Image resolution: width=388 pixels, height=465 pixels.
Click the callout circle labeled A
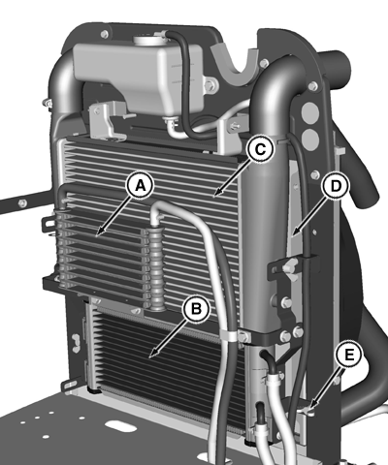pyautogui.click(x=140, y=186)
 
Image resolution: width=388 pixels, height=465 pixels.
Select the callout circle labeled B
pyautogui.click(x=196, y=309)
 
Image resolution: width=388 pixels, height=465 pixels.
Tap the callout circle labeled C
pyautogui.click(x=261, y=149)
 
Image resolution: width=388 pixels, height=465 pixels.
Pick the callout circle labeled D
pyautogui.click(x=337, y=186)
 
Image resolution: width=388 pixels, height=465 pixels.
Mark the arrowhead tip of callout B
pyautogui.click(x=149, y=358)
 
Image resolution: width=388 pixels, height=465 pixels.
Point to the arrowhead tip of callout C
pyautogui.click(x=214, y=196)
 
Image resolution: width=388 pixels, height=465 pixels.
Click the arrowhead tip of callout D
pyautogui.click(x=291, y=235)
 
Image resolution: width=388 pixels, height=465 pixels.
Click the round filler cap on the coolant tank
pyautogui.click(x=150, y=40)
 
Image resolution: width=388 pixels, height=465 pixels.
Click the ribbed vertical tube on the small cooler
pyautogui.click(x=157, y=269)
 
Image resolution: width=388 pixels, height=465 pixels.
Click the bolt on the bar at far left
pyautogui.click(x=22, y=203)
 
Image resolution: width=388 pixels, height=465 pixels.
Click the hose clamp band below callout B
pyautogui.click(x=229, y=334)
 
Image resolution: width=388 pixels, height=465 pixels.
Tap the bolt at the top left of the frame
pyautogui.click(x=104, y=34)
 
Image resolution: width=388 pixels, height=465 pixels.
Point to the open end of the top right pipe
pyautogui.click(x=341, y=65)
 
